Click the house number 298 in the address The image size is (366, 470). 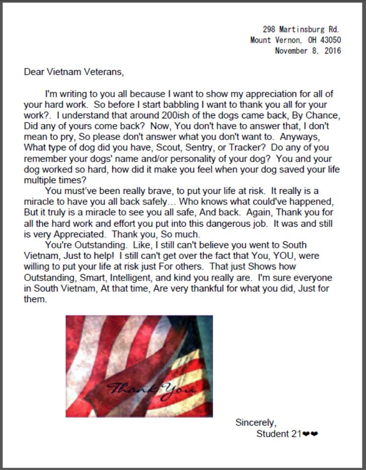[269, 30]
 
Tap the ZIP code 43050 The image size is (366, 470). [330, 40]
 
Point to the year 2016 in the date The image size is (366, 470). [332, 51]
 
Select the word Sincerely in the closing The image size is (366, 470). [256, 423]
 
